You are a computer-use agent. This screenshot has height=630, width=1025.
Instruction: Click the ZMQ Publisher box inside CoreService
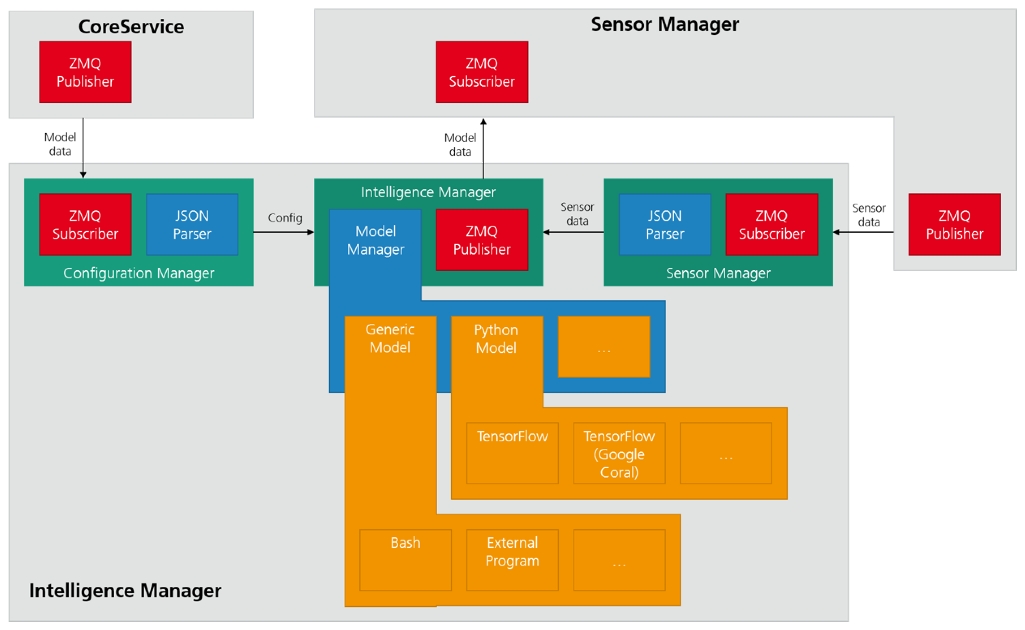(x=85, y=72)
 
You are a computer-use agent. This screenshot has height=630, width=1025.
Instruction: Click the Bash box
(x=405, y=559)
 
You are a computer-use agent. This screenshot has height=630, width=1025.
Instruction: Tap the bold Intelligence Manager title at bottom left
(x=125, y=590)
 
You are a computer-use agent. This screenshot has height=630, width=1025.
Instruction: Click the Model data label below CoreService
(x=60, y=144)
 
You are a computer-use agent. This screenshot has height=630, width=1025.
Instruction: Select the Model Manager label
(x=375, y=240)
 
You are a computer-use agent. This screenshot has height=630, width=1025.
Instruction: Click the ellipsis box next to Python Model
(x=604, y=347)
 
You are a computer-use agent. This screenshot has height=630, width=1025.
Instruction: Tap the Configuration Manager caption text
(x=138, y=273)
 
